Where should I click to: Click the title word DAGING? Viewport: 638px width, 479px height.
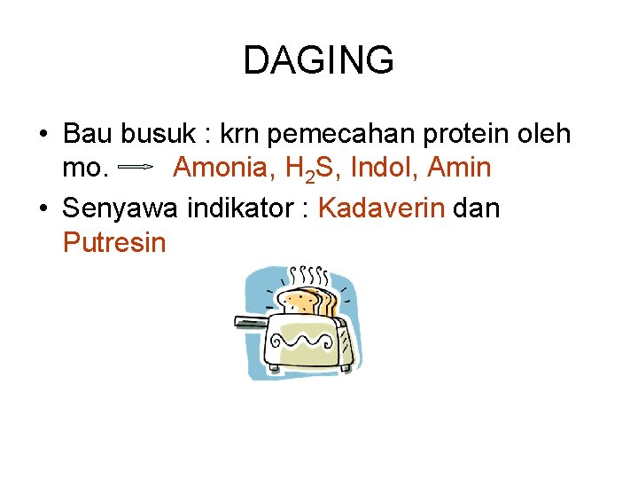pyautogui.click(x=318, y=60)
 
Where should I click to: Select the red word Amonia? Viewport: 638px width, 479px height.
pyautogui.click(x=222, y=166)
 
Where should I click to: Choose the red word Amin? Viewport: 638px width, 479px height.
pyautogui.click(x=458, y=166)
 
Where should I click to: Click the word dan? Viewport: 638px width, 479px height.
pyautogui.click(x=477, y=208)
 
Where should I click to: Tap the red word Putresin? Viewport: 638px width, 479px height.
pyautogui.click(x=114, y=241)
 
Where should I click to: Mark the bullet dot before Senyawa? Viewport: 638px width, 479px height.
pyautogui.click(x=44, y=209)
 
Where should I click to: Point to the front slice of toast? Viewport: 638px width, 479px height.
pyautogui.click(x=301, y=302)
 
